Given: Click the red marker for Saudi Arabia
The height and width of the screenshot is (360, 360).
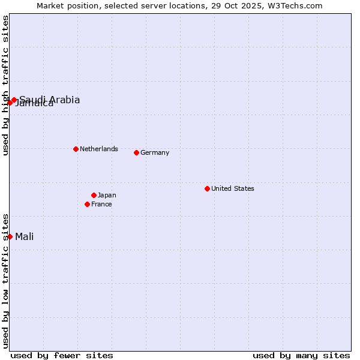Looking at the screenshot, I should [x=14, y=100].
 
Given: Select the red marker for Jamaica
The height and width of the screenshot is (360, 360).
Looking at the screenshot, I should [x=10, y=103].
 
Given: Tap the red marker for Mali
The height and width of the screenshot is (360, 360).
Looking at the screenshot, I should [x=10, y=236].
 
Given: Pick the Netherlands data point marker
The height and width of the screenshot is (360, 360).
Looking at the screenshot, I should [x=76, y=149].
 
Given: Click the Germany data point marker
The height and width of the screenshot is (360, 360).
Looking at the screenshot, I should [x=136, y=152].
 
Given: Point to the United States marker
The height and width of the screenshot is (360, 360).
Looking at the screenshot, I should [x=207, y=188].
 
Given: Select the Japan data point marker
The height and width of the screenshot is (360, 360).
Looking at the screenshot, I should [x=94, y=195].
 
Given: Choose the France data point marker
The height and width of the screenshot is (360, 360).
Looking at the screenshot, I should [x=87, y=204].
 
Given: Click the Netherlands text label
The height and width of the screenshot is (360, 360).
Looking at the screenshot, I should [x=99, y=149].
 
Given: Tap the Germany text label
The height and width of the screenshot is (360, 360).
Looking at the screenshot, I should [x=155, y=152].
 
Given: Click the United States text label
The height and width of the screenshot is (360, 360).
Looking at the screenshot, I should [x=233, y=188].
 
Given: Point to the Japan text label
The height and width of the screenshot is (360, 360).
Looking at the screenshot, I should [x=107, y=195].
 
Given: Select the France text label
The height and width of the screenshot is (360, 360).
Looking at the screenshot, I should [x=101, y=204].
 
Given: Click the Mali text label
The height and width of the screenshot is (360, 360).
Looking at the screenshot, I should [x=25, y=236].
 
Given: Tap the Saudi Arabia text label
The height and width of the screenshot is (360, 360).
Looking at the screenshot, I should [x=50, y=100].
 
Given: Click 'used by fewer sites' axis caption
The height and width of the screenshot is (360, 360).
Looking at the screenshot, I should [x=62, y=355].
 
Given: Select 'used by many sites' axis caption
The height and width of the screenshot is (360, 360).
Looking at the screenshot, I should [x=301, y=355].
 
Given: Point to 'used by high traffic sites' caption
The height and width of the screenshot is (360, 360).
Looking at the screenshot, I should [x=5, y=85].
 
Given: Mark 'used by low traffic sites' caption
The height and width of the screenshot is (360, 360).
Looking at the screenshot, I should [x=5, y=281].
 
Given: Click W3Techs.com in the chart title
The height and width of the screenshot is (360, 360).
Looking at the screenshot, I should [x=295, y=5].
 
